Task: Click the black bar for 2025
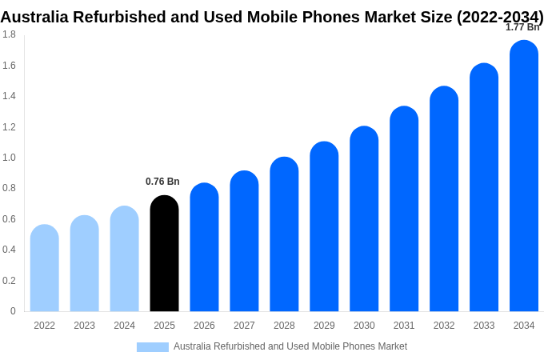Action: pos(164,254)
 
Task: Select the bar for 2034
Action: pos(524,176)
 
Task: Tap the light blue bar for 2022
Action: pos(45,268)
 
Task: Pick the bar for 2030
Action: pos(364,219)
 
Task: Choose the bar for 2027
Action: pos(244,242)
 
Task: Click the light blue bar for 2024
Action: pos(125,259)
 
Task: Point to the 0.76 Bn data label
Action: pos(162,182)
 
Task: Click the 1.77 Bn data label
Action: pos(522,27)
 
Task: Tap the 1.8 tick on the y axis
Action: pos(9,34)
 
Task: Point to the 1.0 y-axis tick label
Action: pos(9,158)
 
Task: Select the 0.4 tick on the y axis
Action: pos(9,250)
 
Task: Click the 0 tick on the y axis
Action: pos(13,311)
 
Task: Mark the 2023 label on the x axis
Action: pos(84,326)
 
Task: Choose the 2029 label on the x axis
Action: pos(324,326)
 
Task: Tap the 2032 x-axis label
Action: pos(444,326)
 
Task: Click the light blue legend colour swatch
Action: pos(153,346)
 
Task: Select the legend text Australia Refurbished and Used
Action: pos(240,346)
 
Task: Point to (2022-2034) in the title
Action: pos(500,17)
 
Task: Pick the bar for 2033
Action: pos(484,187)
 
